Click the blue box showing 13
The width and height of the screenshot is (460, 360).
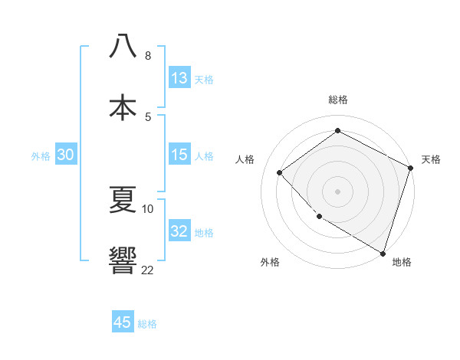(179, 78)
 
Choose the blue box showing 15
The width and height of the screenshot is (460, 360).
(179, 155)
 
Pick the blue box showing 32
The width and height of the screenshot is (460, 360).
(179, 231)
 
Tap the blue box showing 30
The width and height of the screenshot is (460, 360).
(66, 155)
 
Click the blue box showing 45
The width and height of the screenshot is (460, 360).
(123, 322)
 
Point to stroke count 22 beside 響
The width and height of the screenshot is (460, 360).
(147, 269)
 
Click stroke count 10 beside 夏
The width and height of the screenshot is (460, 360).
(147, 208)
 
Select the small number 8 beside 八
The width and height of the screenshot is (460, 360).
(147, 55)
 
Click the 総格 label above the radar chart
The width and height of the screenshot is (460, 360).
(338, 100)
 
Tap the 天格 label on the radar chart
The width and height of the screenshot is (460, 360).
(431, 159)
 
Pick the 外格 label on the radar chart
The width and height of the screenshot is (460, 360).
(270, 262)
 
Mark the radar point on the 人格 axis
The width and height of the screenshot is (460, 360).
(280, 172)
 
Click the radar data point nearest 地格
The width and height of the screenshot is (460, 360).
(383, 252)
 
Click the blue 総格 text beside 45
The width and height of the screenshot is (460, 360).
(147, 324)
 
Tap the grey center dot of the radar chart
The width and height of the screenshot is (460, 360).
(338, 191)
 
